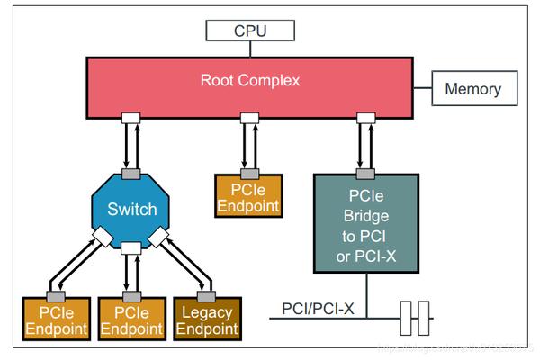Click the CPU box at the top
pos(250,30)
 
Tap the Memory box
pos(472,89)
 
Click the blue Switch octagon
pos(131,210)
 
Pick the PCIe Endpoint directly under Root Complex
pos(247,197)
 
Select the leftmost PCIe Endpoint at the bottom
pos(56,319)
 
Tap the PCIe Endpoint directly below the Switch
pos(131,319)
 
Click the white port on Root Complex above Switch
pos(131,118)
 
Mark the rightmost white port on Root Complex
pos(365,118)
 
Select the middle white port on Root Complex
pos(247,118)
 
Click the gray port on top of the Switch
pos(131,173)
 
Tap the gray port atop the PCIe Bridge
pos(365,173)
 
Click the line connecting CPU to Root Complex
pos(250,49)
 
